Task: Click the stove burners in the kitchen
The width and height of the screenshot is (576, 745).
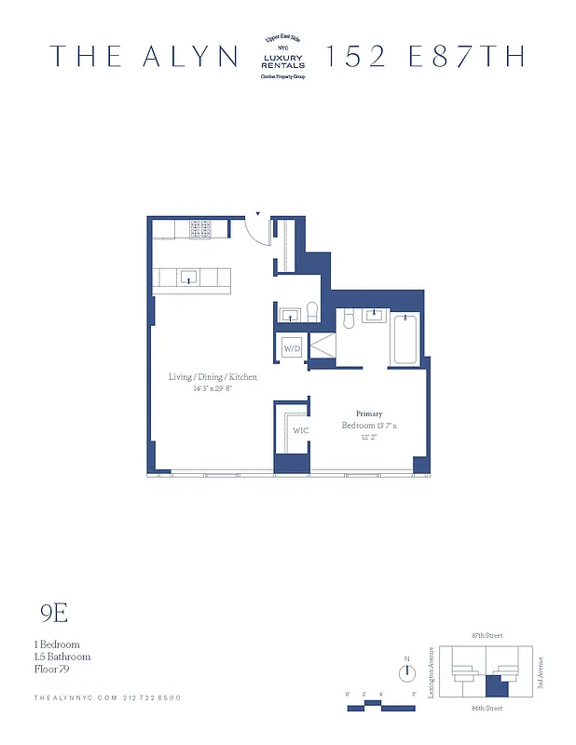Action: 200,229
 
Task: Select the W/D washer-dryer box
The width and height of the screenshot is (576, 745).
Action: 292,349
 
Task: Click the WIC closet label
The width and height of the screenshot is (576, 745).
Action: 300,430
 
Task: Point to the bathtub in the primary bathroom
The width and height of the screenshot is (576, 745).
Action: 405,341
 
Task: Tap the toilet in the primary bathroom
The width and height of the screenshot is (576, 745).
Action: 348,319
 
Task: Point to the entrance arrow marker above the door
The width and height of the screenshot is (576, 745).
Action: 258,212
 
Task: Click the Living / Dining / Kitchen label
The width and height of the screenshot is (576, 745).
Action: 213,377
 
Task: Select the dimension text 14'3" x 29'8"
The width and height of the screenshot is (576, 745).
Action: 213,389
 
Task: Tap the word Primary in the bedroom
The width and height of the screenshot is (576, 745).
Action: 369,413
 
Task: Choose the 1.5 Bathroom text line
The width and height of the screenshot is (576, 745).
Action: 62,657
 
